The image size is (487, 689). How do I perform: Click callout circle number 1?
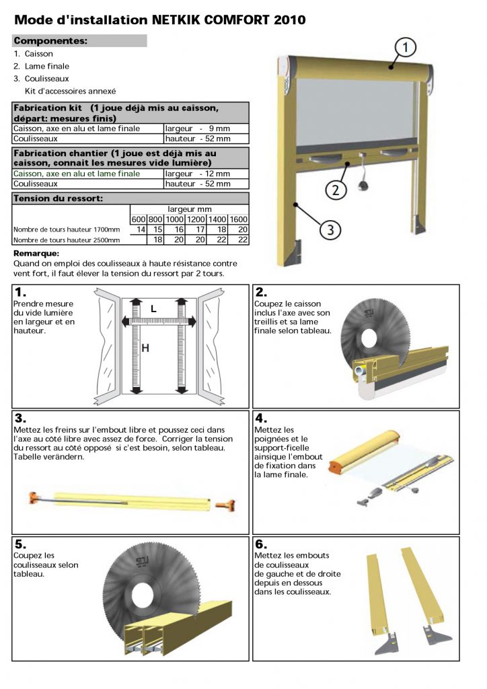tap(406, 47)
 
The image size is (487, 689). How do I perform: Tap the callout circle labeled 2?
tap(334, 189)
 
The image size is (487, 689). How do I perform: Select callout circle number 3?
tap(329, 231)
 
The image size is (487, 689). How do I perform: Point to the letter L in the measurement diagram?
tap(153, 309)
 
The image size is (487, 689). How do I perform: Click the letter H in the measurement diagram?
tap(145, 348)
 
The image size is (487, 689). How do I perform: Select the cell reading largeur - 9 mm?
tap(206, 128)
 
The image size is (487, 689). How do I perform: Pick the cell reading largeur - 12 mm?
tap(206, 173)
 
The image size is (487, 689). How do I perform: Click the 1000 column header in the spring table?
tap(174, 219)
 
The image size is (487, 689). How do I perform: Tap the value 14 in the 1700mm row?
tap(141, 229)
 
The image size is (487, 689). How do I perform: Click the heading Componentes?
tap(50, 40)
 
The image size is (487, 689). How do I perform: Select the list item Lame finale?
tap(47, 66)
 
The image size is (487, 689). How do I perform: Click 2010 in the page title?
tap(291, 20)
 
